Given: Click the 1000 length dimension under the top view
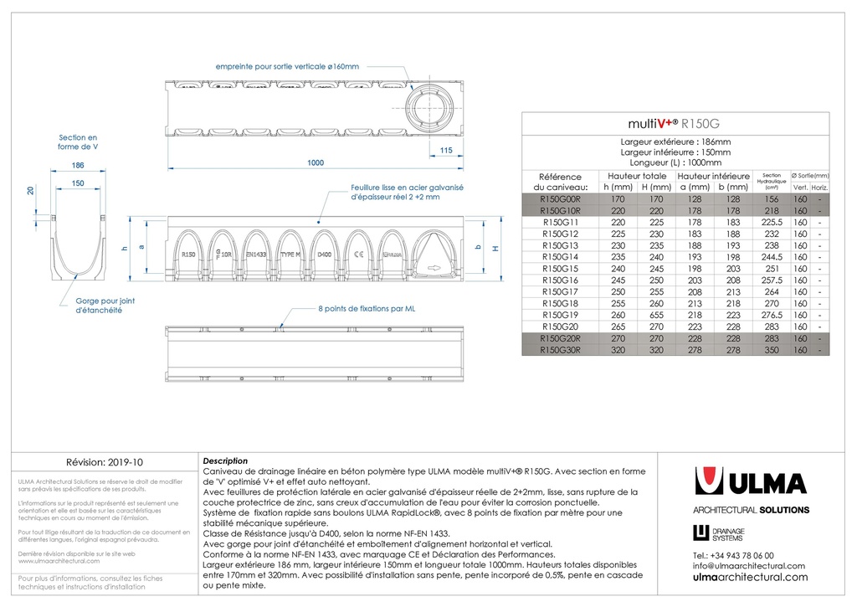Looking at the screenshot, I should pyautogui.click(x=315, y=163).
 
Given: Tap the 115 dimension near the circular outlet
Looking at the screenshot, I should pyautogui.click(x=445, y=151).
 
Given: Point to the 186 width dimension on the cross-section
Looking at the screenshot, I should pyautogui.click(x=78, y=166).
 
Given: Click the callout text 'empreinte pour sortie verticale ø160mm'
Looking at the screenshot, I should pyautogui.click(x=287, y=66).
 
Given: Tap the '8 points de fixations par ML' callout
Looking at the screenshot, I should pyautogui.click(x=367, y=309).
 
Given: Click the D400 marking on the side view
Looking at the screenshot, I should pyautogui.click(x=325, y=253).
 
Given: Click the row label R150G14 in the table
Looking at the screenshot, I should pyautogui.click(x=560, y=257).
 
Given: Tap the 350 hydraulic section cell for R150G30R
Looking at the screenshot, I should pyautogui.click(x=771, y=350).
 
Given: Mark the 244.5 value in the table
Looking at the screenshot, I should pyautogui.click(x=771, y=257).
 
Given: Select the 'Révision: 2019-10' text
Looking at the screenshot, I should pyautogui.click(x=105, y=461).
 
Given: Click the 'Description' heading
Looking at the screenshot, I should pyautogui.click(x=225, y=460).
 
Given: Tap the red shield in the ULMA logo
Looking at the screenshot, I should pyautogui.click(x=709, y=482).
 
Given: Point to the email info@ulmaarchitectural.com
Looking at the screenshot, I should pyautogui.click(x=748, y=565).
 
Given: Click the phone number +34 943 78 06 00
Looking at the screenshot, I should pyautogui.click(x=733, y=554).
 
